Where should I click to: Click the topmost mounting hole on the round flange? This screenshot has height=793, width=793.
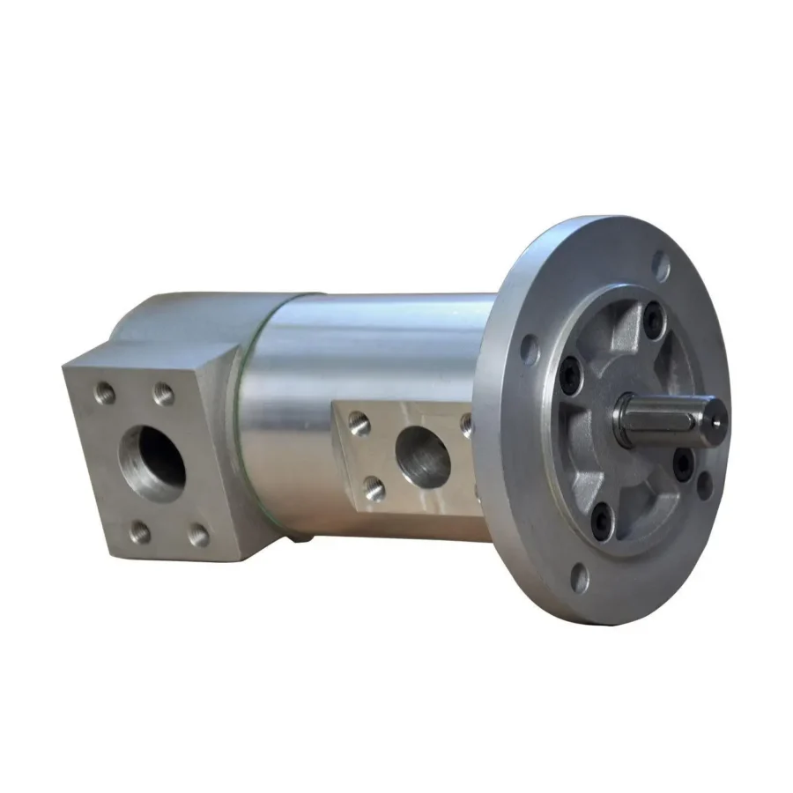[660, 263]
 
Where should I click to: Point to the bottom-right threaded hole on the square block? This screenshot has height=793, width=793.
[200, 534]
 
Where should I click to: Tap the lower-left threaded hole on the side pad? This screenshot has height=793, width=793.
[375, 487]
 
